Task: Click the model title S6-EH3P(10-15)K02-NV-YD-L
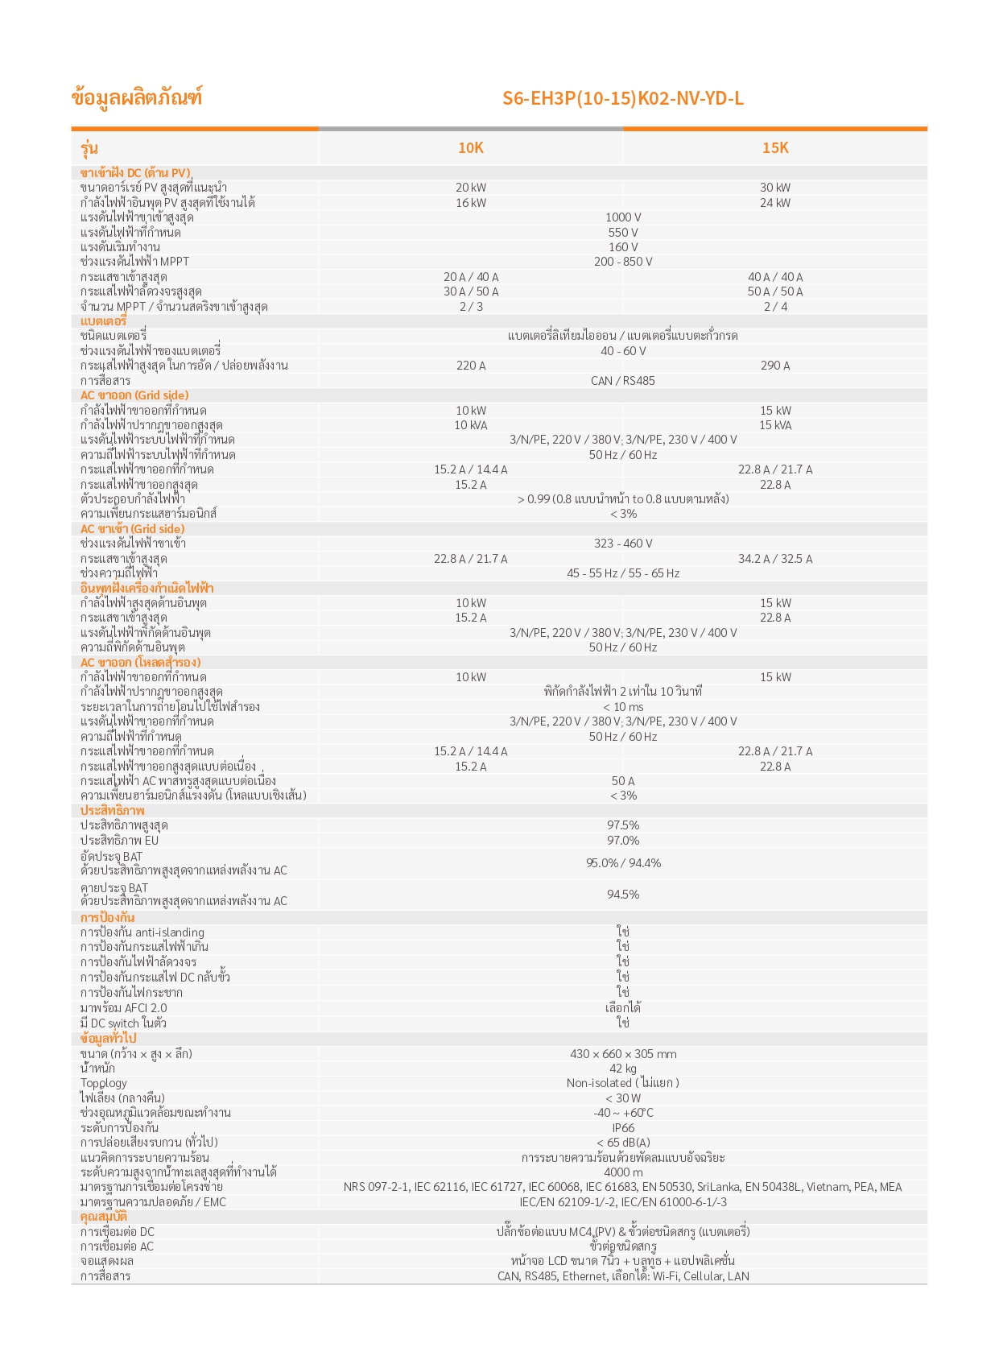pos(622,98)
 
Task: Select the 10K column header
pos(470,147)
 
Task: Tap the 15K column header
pos(774,147)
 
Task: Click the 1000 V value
pos(623,217)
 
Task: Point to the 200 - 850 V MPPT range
pos(623,262)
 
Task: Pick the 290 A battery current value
pos(774,366)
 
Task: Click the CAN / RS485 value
pos(623,381)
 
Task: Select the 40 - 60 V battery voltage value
pos(623,351)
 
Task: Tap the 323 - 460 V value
pos(623,544)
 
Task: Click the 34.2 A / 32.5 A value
pos(774,559)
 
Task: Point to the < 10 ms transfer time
pos(623,707)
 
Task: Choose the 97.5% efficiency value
pos(623,825)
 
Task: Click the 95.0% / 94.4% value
pos(623,863)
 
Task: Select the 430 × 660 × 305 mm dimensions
pos(623,1054)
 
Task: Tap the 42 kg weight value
pos(623,1069)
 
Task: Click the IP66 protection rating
pos(623,1128)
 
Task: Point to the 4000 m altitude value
pos(623,1172)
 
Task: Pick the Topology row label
pos(104,1084)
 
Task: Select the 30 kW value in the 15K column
pos(774,188)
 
